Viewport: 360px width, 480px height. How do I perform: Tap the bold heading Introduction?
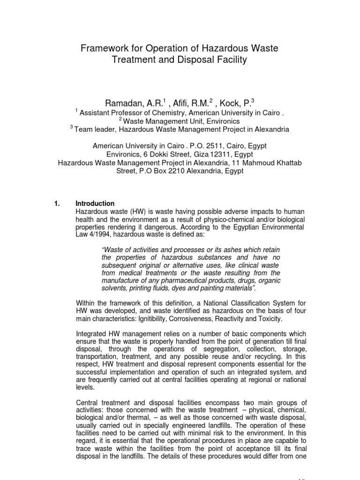pyautogui.click(x=95, y=203)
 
